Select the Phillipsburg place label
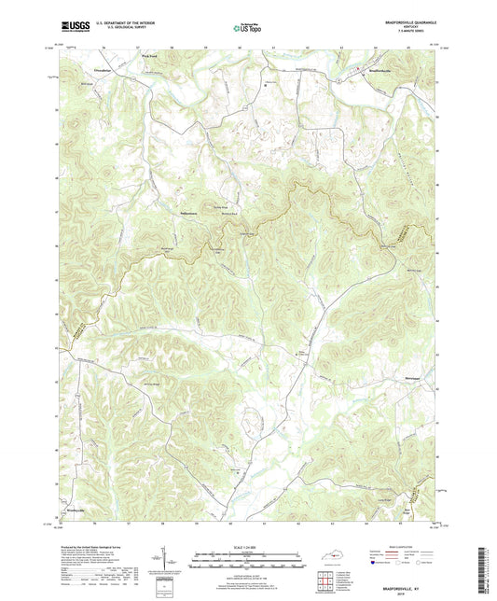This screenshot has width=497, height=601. tap(192, 216)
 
